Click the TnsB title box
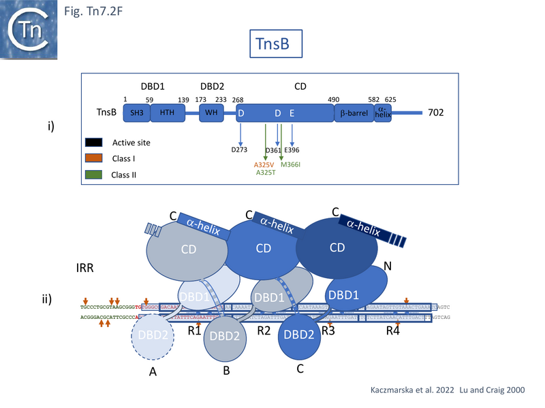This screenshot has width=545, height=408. (275, 44)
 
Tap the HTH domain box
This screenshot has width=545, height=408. (166, 113)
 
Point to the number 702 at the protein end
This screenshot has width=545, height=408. (436, 112)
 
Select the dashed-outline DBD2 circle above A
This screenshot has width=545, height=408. (152, 335)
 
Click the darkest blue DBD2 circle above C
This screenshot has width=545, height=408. (300, 335)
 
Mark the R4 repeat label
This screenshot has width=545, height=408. (392, 332)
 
